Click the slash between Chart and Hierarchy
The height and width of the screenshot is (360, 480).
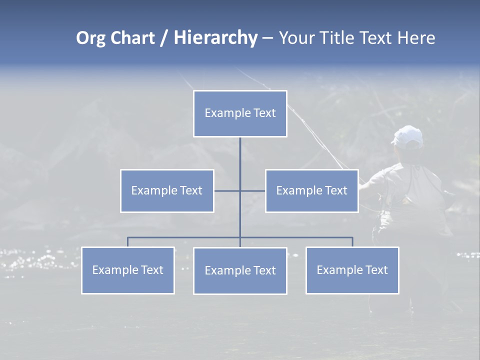[x=164, y=38]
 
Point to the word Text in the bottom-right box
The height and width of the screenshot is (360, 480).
[x=376, y=270]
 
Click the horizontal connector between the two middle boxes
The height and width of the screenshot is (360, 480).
[x=227, y=190]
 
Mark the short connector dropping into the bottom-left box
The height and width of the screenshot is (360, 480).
[x=127, y=242]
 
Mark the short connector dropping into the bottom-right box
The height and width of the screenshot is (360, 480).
[x=352, y=242]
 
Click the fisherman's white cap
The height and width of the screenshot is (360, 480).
[x=407, y=135]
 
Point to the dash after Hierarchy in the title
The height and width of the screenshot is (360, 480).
[x=267, y=38]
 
